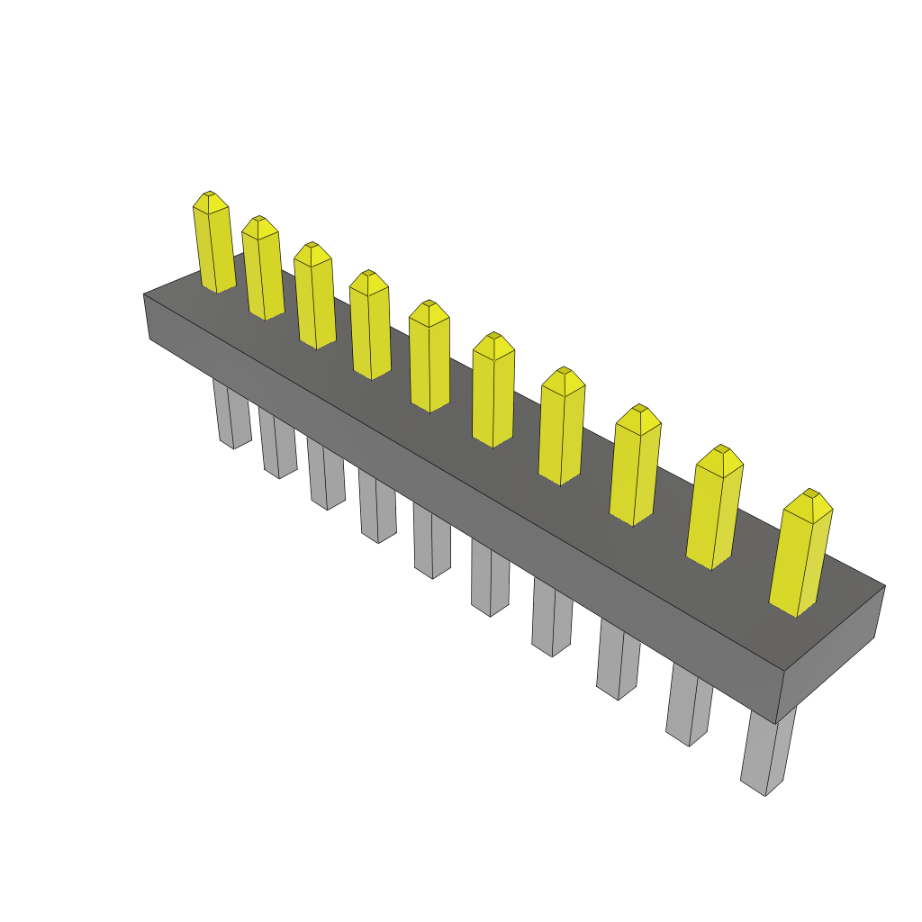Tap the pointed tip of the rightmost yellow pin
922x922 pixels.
(810, 493)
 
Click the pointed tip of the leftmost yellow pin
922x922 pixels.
(209, 194)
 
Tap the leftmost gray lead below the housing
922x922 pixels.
(231, 414)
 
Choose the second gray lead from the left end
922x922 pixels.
(278, 444)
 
